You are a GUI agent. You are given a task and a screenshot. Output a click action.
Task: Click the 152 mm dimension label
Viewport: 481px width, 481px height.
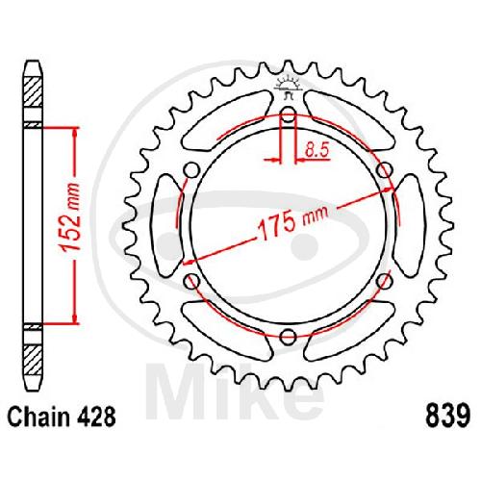click(70, 217)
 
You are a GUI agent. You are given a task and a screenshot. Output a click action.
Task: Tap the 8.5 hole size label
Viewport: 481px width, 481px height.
click(316, 150)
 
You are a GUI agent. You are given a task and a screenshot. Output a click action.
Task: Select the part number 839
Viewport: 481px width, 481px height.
click(447, 417)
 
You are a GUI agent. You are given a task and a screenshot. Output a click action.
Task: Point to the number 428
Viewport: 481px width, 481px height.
click(95, 417)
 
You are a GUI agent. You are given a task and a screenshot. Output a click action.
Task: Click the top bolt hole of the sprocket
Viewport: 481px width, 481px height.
click(289, 114)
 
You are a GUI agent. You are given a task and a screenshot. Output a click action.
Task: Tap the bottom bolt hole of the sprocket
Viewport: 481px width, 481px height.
click(289, 337)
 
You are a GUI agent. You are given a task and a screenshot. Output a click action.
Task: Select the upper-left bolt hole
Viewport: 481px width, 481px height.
click(191, 169)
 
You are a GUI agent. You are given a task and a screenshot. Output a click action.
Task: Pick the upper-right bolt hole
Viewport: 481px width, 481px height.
click(385, 169)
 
